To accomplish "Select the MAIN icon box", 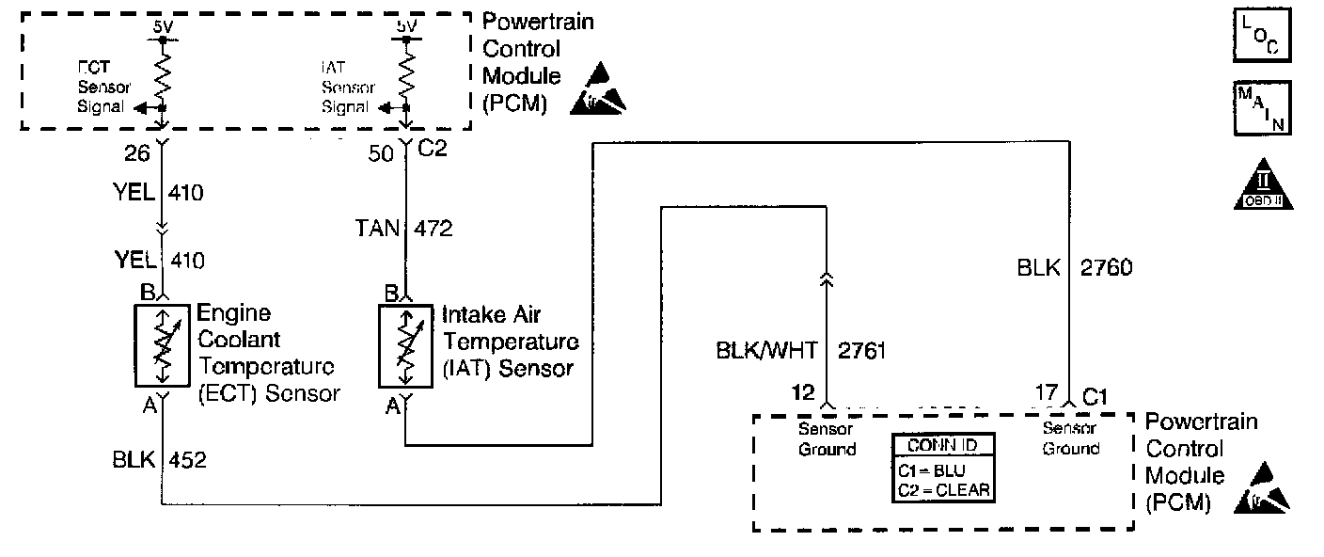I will click(1260, 107).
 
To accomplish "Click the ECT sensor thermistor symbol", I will click(163, 344).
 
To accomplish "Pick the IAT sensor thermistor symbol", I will click(405, 346).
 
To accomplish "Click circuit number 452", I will click(186, 461).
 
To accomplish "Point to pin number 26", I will click(138, 151).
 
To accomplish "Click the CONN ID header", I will click(942, 447).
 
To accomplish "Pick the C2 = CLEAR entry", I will click(943, 489).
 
